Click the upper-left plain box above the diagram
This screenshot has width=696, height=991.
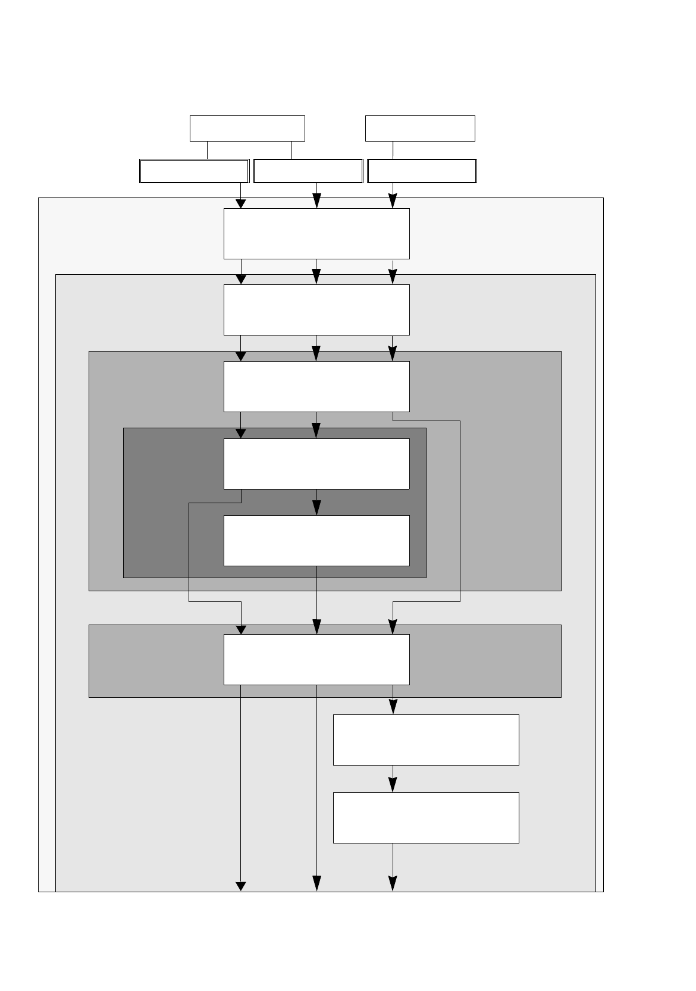point(247,128)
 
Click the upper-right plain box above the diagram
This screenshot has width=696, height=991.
point(420,128)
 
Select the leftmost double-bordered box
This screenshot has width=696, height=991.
point(194,171)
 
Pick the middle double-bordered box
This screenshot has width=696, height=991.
point(308,171)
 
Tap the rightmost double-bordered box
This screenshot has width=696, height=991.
point(422,171)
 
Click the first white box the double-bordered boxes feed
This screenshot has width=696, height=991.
point(316,234)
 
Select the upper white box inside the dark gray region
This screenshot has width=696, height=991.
point(316,464)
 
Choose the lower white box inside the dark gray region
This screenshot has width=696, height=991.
point(316,540)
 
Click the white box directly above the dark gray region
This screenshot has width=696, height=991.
point(316,387)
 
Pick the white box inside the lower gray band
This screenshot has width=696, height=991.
point(316,660)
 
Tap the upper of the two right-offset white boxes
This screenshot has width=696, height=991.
point(426,740)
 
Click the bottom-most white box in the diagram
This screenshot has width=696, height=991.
point(426,818)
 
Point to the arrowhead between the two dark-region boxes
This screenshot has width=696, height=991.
point(316,508)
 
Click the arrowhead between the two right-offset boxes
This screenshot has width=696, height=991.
point(393,786)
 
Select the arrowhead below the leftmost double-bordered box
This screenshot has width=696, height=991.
point(241,203)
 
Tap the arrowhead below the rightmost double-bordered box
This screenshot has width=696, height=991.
point(393,203)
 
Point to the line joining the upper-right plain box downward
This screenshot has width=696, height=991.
point(393,150)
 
